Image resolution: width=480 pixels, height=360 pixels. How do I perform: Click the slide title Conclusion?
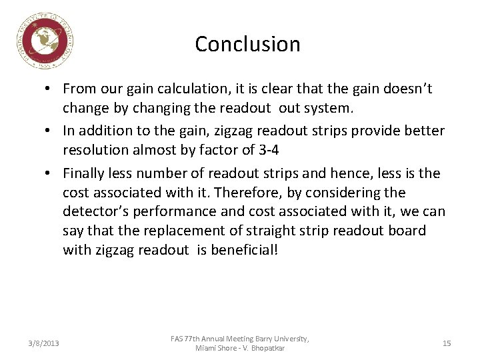click(247, 44)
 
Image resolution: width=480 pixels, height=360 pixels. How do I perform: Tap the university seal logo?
click(45, 41)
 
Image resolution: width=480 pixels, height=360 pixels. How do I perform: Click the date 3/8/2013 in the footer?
click(43, 343)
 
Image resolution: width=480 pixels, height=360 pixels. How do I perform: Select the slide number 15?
click(447, 343)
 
